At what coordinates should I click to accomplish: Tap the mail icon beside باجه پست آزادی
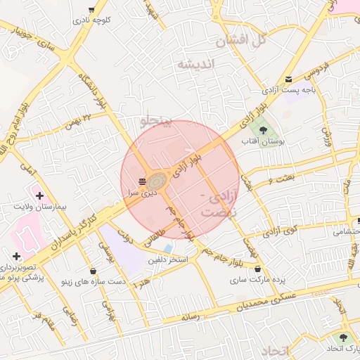[x=288, y=79]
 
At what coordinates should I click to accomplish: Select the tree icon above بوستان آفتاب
[x=263, y=129]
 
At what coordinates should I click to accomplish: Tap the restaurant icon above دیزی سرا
[x=143, y=182]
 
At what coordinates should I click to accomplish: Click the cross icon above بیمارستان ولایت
[x=39, y=195]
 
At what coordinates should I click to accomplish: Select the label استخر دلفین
[x=167, y=259]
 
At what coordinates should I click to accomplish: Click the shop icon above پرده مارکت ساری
[x=257, y=269]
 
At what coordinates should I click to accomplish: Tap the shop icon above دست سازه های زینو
[x=94, y=271]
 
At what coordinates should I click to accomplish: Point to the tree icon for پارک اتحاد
[x=343, y=337]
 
